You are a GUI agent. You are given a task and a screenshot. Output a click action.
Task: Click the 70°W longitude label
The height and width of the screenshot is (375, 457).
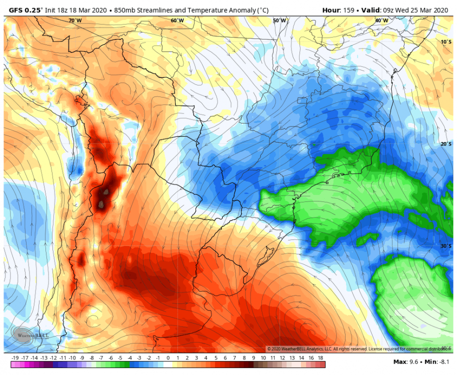[x=75, y=20]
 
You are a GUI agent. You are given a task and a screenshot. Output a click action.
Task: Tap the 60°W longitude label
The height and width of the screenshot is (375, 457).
[x=177, y=20]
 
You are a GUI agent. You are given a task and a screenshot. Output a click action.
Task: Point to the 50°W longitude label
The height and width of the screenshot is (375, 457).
[x=279, y=20]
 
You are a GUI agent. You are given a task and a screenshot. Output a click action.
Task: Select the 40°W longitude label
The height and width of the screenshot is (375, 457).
[x=381, y=20]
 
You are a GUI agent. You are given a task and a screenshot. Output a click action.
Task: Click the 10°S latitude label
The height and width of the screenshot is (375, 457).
[x=446, y=41]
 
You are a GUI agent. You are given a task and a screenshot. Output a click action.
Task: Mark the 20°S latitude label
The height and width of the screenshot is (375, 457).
[x=446, y=144]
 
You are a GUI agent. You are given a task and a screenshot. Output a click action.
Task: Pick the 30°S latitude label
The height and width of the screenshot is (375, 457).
[x=446, y=246]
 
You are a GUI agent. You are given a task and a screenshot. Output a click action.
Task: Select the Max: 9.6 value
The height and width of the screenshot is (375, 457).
[x=406, y=361]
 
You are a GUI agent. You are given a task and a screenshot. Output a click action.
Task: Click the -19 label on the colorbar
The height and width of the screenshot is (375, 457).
[x=14, y=358]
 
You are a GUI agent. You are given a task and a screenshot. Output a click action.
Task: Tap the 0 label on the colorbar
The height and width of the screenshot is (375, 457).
[x=168, y=358]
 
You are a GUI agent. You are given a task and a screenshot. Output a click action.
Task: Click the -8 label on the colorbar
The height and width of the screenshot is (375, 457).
[x=92, y=358]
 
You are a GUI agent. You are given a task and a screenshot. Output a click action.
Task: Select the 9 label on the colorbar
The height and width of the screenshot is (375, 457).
[x=254, y=358]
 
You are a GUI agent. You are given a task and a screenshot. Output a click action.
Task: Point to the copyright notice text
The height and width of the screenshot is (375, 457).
[x=357, y=348]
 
